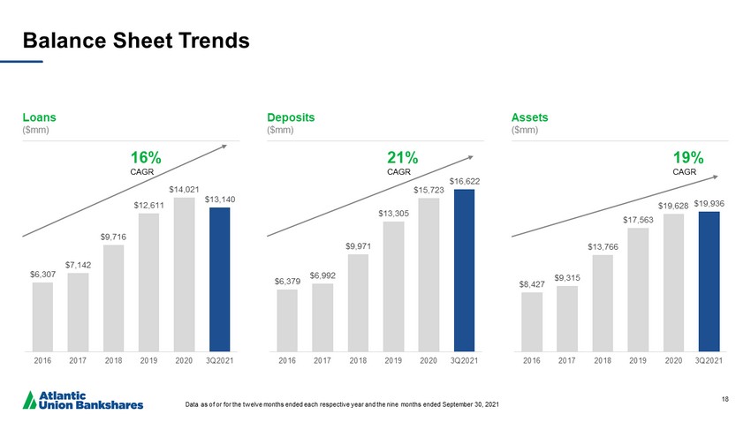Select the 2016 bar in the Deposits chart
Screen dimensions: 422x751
point(287,320)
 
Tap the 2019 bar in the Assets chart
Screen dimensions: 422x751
point(638,289)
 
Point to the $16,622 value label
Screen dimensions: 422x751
point(464,181)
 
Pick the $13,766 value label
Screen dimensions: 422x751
point(603,246)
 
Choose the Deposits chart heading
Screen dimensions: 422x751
point(291,117)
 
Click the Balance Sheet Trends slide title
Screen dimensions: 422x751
point(135,40)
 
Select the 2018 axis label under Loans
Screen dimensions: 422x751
point(113,359)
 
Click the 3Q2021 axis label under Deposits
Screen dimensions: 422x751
point(464,359)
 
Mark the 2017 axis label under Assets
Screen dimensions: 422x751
point(567,359)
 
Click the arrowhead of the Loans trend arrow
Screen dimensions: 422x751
point(237,146)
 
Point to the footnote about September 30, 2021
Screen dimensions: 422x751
point(343,405)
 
